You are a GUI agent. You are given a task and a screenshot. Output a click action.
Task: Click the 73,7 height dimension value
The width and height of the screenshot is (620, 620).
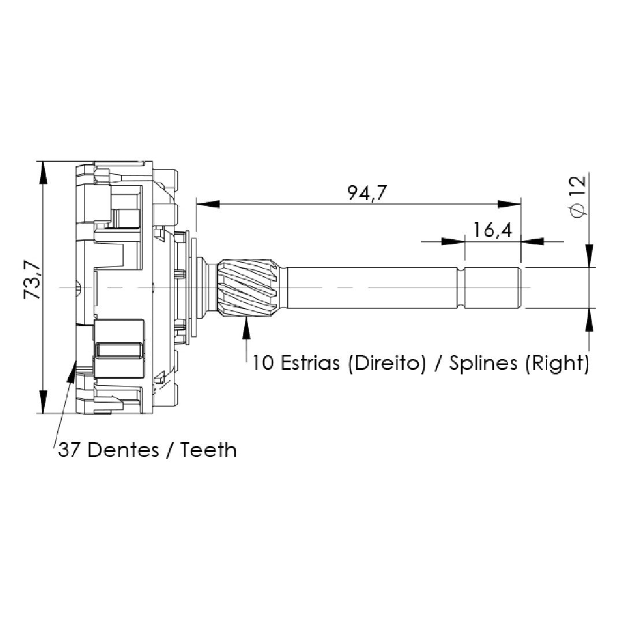[33, 280]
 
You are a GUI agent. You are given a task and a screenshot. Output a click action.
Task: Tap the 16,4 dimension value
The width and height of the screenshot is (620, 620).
[492, 230]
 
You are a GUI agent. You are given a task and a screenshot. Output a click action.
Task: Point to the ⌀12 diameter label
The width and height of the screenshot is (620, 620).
[578, 196]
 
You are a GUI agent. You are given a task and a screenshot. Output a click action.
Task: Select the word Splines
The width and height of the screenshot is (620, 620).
[483, 363]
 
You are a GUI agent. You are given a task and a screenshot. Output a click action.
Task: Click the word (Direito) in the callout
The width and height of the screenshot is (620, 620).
[387, 363]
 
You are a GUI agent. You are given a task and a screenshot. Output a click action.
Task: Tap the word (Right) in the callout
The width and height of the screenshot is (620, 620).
[557, 363]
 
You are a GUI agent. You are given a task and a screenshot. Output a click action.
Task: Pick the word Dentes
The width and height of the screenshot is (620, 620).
[123, 450]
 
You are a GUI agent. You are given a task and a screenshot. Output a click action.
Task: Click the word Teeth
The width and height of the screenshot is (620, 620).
[209, 450]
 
